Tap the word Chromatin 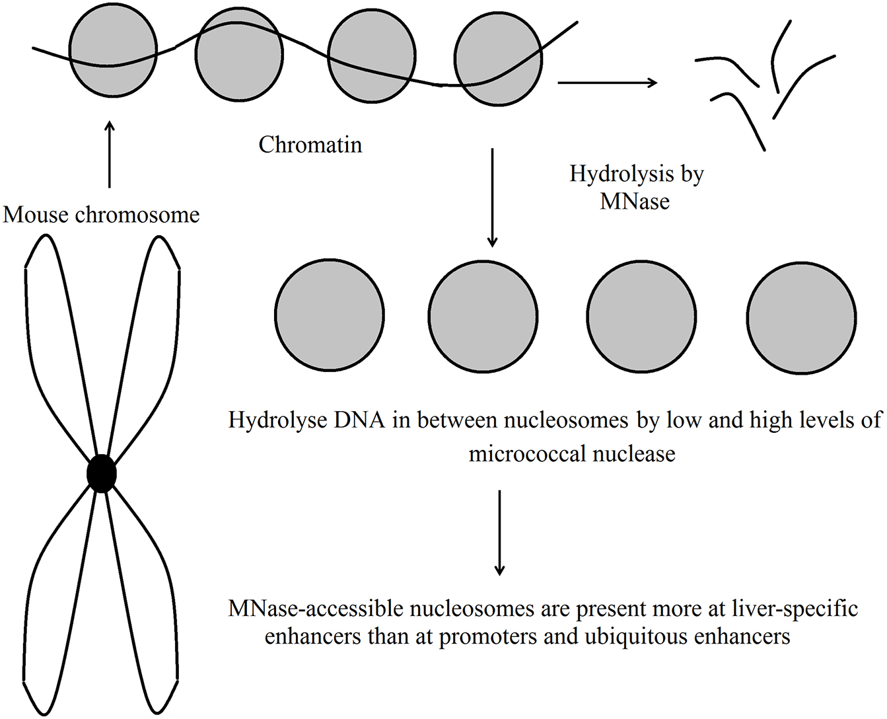pyautogui.click(x=310, y=145)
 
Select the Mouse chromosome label pyautogui.click(x=101, y=215)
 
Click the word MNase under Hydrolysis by pyautogui.click(x=635, y=201)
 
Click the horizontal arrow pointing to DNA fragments pyautogui.click(x=607, y=83)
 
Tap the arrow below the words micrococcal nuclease pyautogui.click(x=499, y=532)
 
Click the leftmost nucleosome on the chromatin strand pyautogui.click(x=114, y=50)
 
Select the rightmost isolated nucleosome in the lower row pyautogui.click(x=802, y=317)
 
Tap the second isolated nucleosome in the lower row pyautogui.click(x=483, y=316)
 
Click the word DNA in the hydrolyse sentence pyautogui.click(x=362, y=420)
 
